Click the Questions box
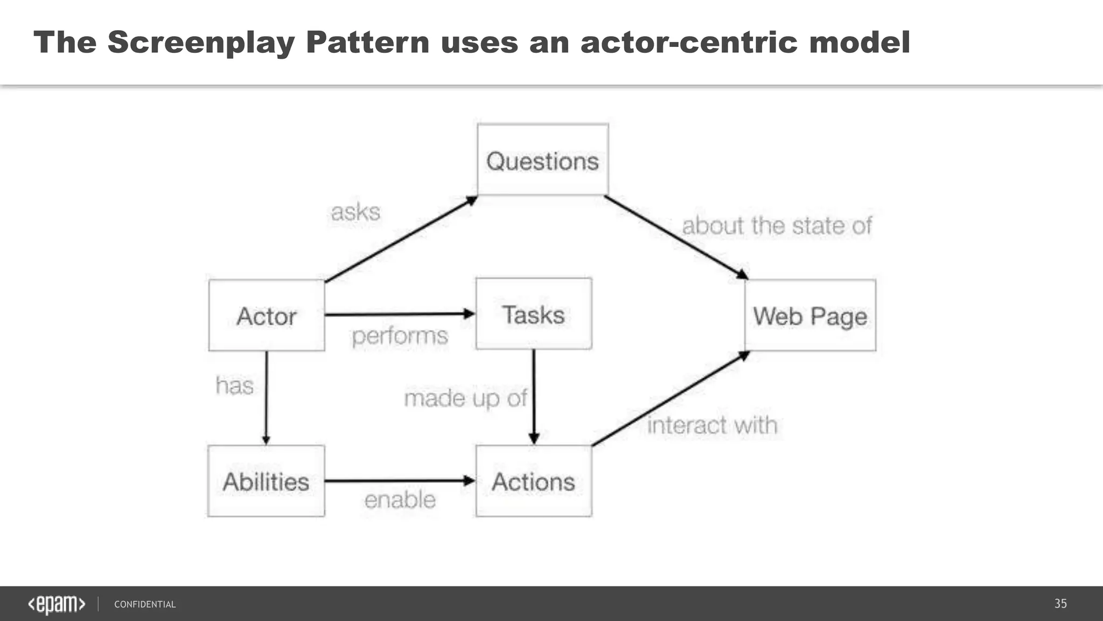[x=542, y=160]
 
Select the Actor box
[x=267, y=315]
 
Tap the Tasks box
[x=534, y=314]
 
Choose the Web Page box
[x=810, y=315]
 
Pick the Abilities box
[x=266, y=481]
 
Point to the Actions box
[x=534, y=481]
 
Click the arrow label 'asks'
[x=355, y=212]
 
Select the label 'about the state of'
[x=776, y=225]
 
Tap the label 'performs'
[x=400, y=336]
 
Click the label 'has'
[x=234, y=386]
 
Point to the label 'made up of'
[x=465, y=398]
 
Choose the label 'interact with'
[x=712, y=425]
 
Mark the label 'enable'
[x=400, y=500]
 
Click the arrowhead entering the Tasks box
[x=469, y=313]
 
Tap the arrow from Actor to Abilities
[x=266, y=399]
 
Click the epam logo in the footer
[x=57, y=604]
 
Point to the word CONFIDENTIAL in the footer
[x=145, y=604]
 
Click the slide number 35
[x=1060, y=604]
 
